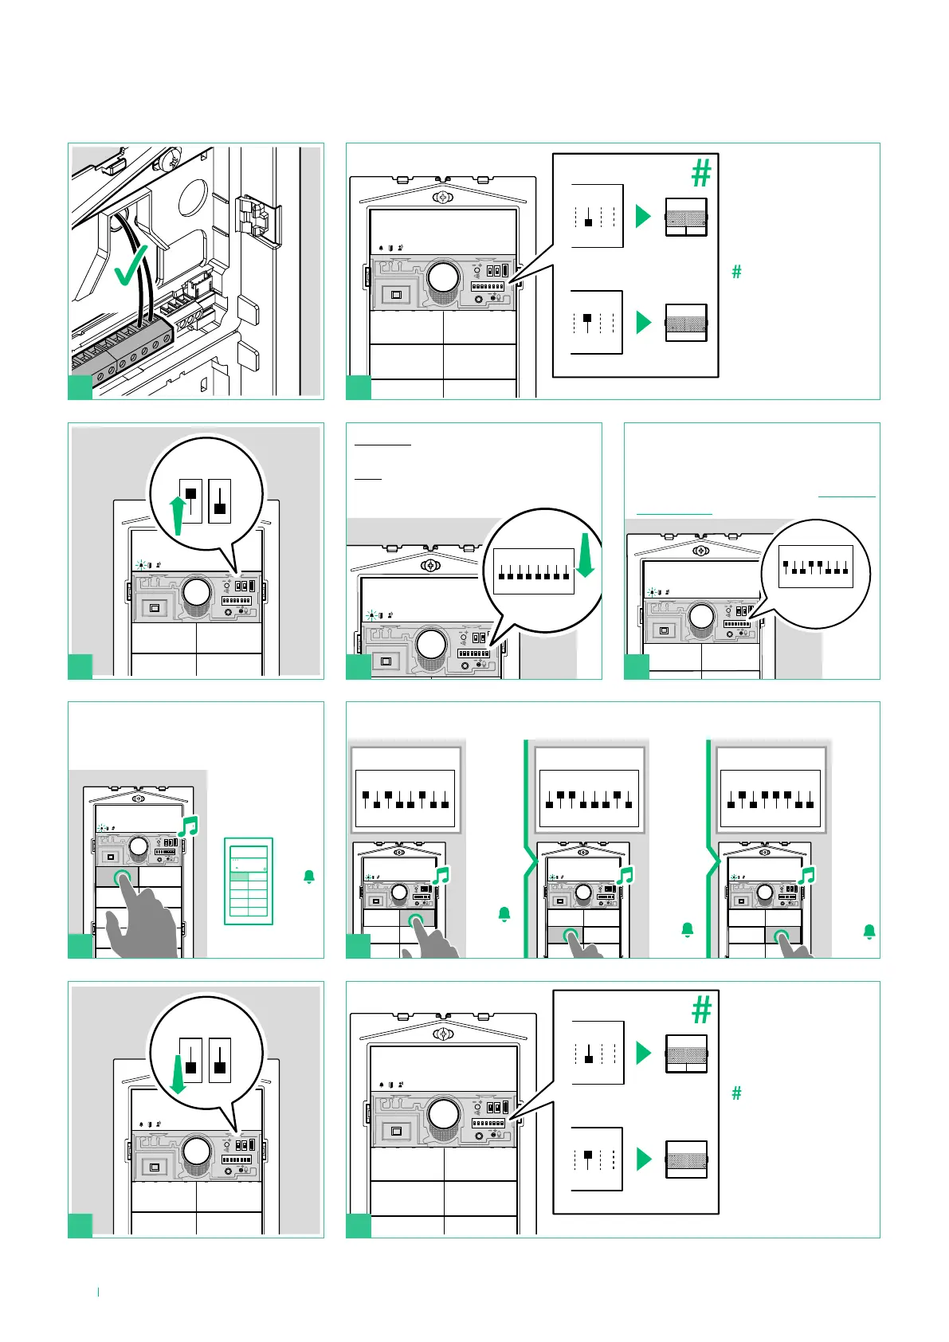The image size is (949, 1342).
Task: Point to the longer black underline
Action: (x=382, y=444)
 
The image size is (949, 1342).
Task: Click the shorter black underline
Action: (x=368, y=479)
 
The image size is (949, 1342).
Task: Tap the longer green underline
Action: (x=846, y=497)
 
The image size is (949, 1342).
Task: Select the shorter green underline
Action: (x=674, y=514)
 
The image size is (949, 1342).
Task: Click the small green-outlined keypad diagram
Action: (x=249, y=881)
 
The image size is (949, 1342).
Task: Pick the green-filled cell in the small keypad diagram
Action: (x=238, y=876)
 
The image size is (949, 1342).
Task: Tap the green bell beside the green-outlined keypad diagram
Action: (x=309, y=877)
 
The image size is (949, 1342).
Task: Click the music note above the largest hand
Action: (x=188, y=826)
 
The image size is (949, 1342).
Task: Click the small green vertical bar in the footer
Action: (x=98, y=1291)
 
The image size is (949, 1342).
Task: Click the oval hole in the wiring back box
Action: (x=194, y=197)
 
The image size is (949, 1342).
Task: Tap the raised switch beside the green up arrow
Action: (x=191, y=500)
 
